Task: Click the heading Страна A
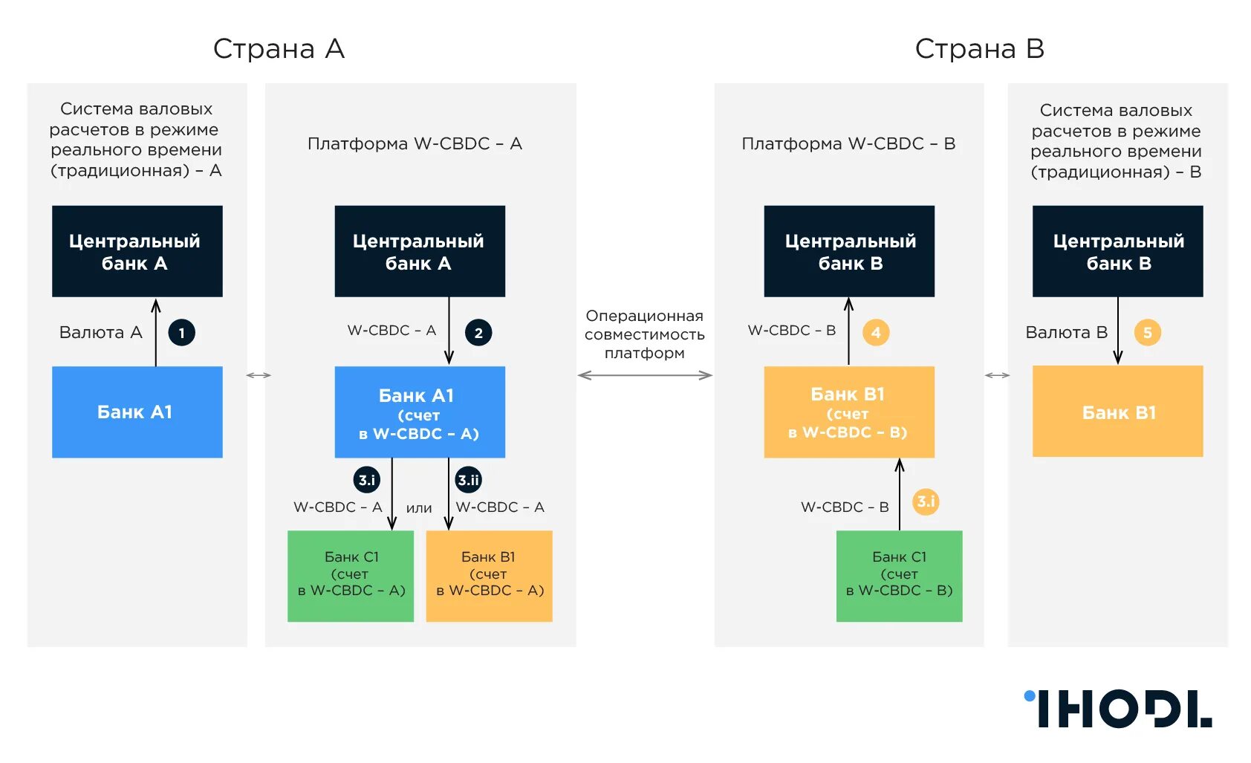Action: point(279,49)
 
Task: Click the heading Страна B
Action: point(979,49)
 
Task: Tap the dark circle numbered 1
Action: point(181,333)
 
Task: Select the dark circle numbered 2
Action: point(478,333)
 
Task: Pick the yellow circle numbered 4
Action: point(876,333)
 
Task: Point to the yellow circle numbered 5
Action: point(1147,333)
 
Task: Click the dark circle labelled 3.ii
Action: point(469,480)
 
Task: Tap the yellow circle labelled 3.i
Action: point(926,501)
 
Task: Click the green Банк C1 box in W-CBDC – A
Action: point(351,576)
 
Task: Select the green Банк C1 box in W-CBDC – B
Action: point(899,576)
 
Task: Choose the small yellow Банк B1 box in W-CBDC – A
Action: point(489,576)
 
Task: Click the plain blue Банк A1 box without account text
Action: point(137,412)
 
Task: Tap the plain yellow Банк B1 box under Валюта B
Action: point(1117,411)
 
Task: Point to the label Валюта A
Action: point(100,332)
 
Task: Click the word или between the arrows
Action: point(419,508)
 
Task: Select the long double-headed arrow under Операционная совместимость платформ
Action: point(645,375)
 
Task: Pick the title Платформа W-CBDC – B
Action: point(848,143)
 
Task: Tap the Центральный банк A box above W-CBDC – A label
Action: point(420,251)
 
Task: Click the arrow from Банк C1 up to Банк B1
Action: point(900,494)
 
